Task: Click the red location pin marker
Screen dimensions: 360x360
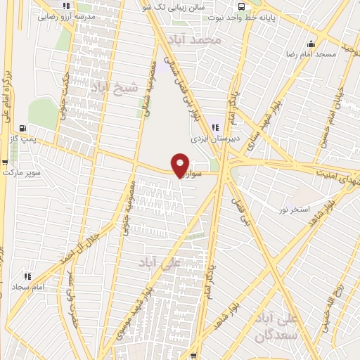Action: point(180,165)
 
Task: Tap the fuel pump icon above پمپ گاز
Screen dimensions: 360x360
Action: point(24,129)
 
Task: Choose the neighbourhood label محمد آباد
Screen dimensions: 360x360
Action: point(200,40)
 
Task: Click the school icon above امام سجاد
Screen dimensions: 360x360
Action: point(28,276)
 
